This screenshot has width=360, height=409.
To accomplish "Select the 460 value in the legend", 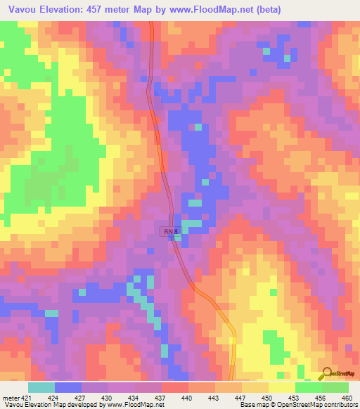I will pos(347,396).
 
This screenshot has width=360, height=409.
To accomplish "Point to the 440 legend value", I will pos(187,396).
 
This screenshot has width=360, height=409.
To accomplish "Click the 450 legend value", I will pos(267,396).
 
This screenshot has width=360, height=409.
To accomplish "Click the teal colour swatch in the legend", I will pos(41,387).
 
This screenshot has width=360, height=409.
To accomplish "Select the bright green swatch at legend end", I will pos(335,387).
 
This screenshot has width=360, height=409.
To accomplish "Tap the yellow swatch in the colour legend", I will pos(282,387).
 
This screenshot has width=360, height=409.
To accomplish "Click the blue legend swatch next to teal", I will pos(68,387).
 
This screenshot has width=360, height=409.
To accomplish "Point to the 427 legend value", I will pos(80,396).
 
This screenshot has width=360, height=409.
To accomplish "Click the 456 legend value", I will pos(320,396).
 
